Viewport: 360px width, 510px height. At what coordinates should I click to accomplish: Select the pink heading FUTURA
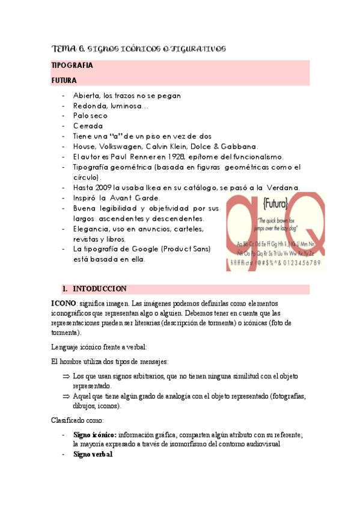click(64, 79)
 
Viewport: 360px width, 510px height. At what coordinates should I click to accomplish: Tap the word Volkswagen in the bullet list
click(127, 146)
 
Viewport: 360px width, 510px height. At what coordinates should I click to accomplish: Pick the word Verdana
click(281, 188)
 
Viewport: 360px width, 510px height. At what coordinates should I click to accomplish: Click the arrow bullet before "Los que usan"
click(66, 376)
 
